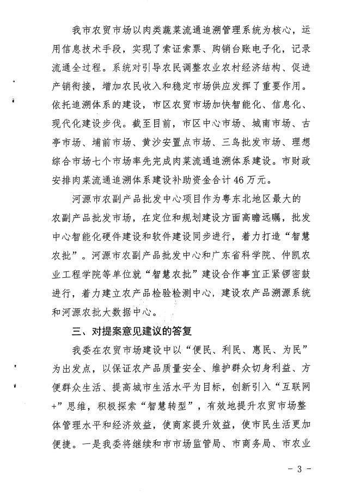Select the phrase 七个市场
tap(123, 161)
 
